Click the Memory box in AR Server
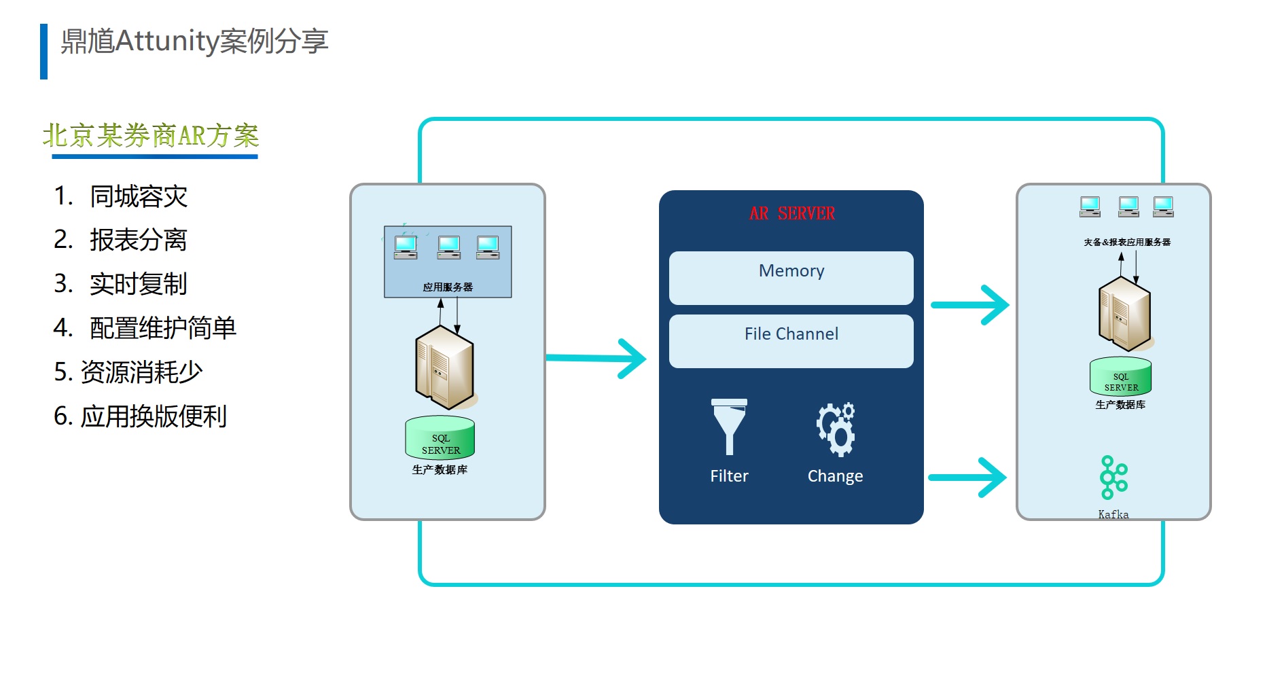click(x=791, y=278)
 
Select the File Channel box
click(x=791, y=341)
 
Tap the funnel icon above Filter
click(x=729, y=427)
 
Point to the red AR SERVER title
click(x=792, y=213)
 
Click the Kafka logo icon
click(x=1113, y=477)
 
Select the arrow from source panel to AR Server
click(x=596, y=358)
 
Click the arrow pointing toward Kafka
click(x=967, y=478)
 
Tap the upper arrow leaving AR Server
click(x=970, y=305)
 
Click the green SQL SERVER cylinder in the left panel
click(x=440, y=438)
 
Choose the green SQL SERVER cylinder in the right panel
click(x=1121, y=377)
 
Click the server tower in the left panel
click(x=445, y=365)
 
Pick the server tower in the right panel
click(x=1125, y=313)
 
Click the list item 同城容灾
click(x=139, y=196)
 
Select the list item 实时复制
click(x=139, y=284)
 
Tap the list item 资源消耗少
click(x=141, y=372)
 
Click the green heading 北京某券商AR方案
click(x=151, y=136)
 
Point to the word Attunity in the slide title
click(x=167, y=41)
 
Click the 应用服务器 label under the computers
click(x=448, y=287)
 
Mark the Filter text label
click(x=729, y=476)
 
